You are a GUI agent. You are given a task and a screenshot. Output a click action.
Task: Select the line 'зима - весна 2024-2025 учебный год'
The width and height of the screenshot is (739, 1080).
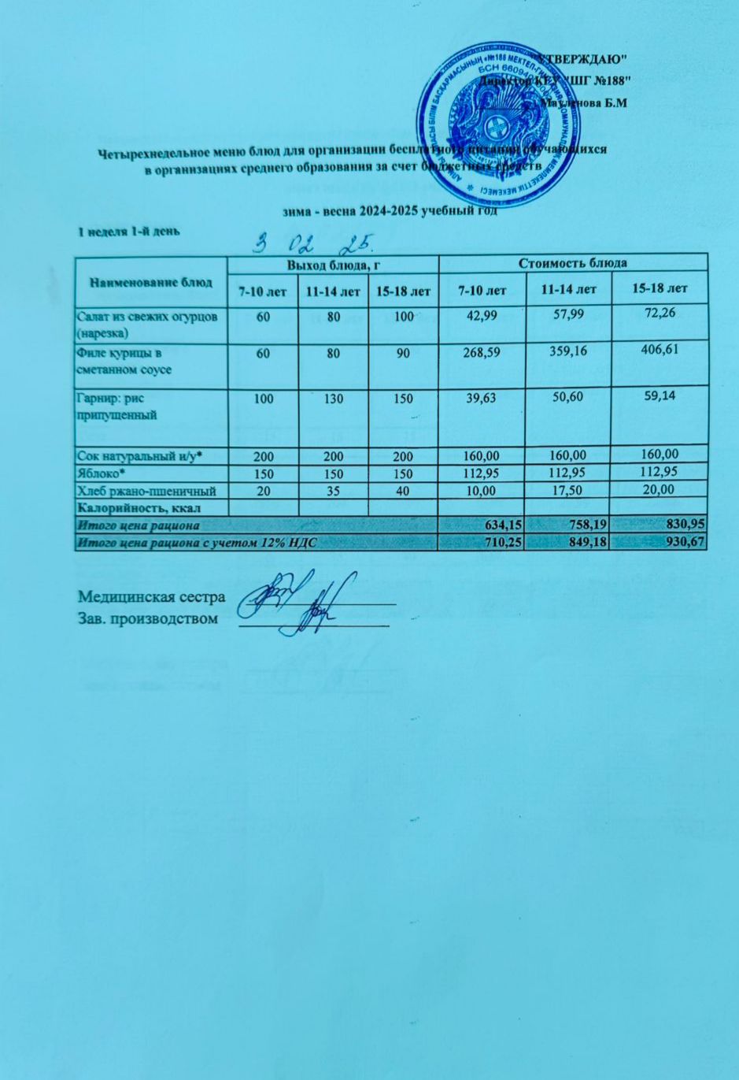pyautogui.click(x=391, y=210)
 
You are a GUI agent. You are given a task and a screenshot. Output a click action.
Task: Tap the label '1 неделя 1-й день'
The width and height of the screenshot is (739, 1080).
pyautogui.click(x=129, y=231)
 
